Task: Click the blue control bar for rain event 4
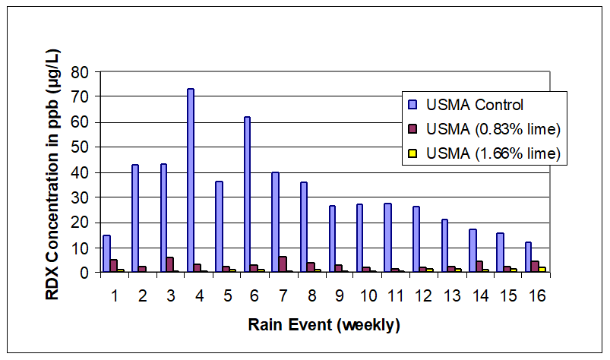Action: tap(191, 180)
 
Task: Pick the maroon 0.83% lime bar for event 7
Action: tap(283, 264)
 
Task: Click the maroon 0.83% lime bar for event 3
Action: tap(170, 265)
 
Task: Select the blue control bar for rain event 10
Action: tap(359, 238)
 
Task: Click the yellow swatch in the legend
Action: tap(413, 153)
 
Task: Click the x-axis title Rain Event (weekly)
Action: tap(324, 325)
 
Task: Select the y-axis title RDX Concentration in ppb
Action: tap(55, 173)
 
